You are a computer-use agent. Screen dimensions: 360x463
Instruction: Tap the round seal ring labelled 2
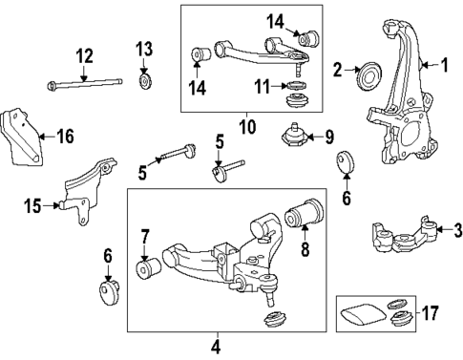click(368, 74)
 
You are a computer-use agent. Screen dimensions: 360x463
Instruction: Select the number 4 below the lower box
click(216, 346)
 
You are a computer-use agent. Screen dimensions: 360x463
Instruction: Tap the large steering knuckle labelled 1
click(395, 105)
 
